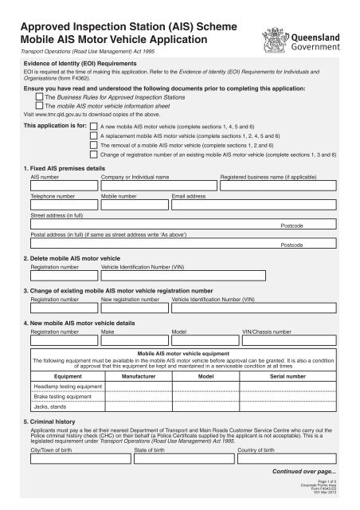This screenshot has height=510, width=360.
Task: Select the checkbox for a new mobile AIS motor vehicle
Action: pos(96,127)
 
